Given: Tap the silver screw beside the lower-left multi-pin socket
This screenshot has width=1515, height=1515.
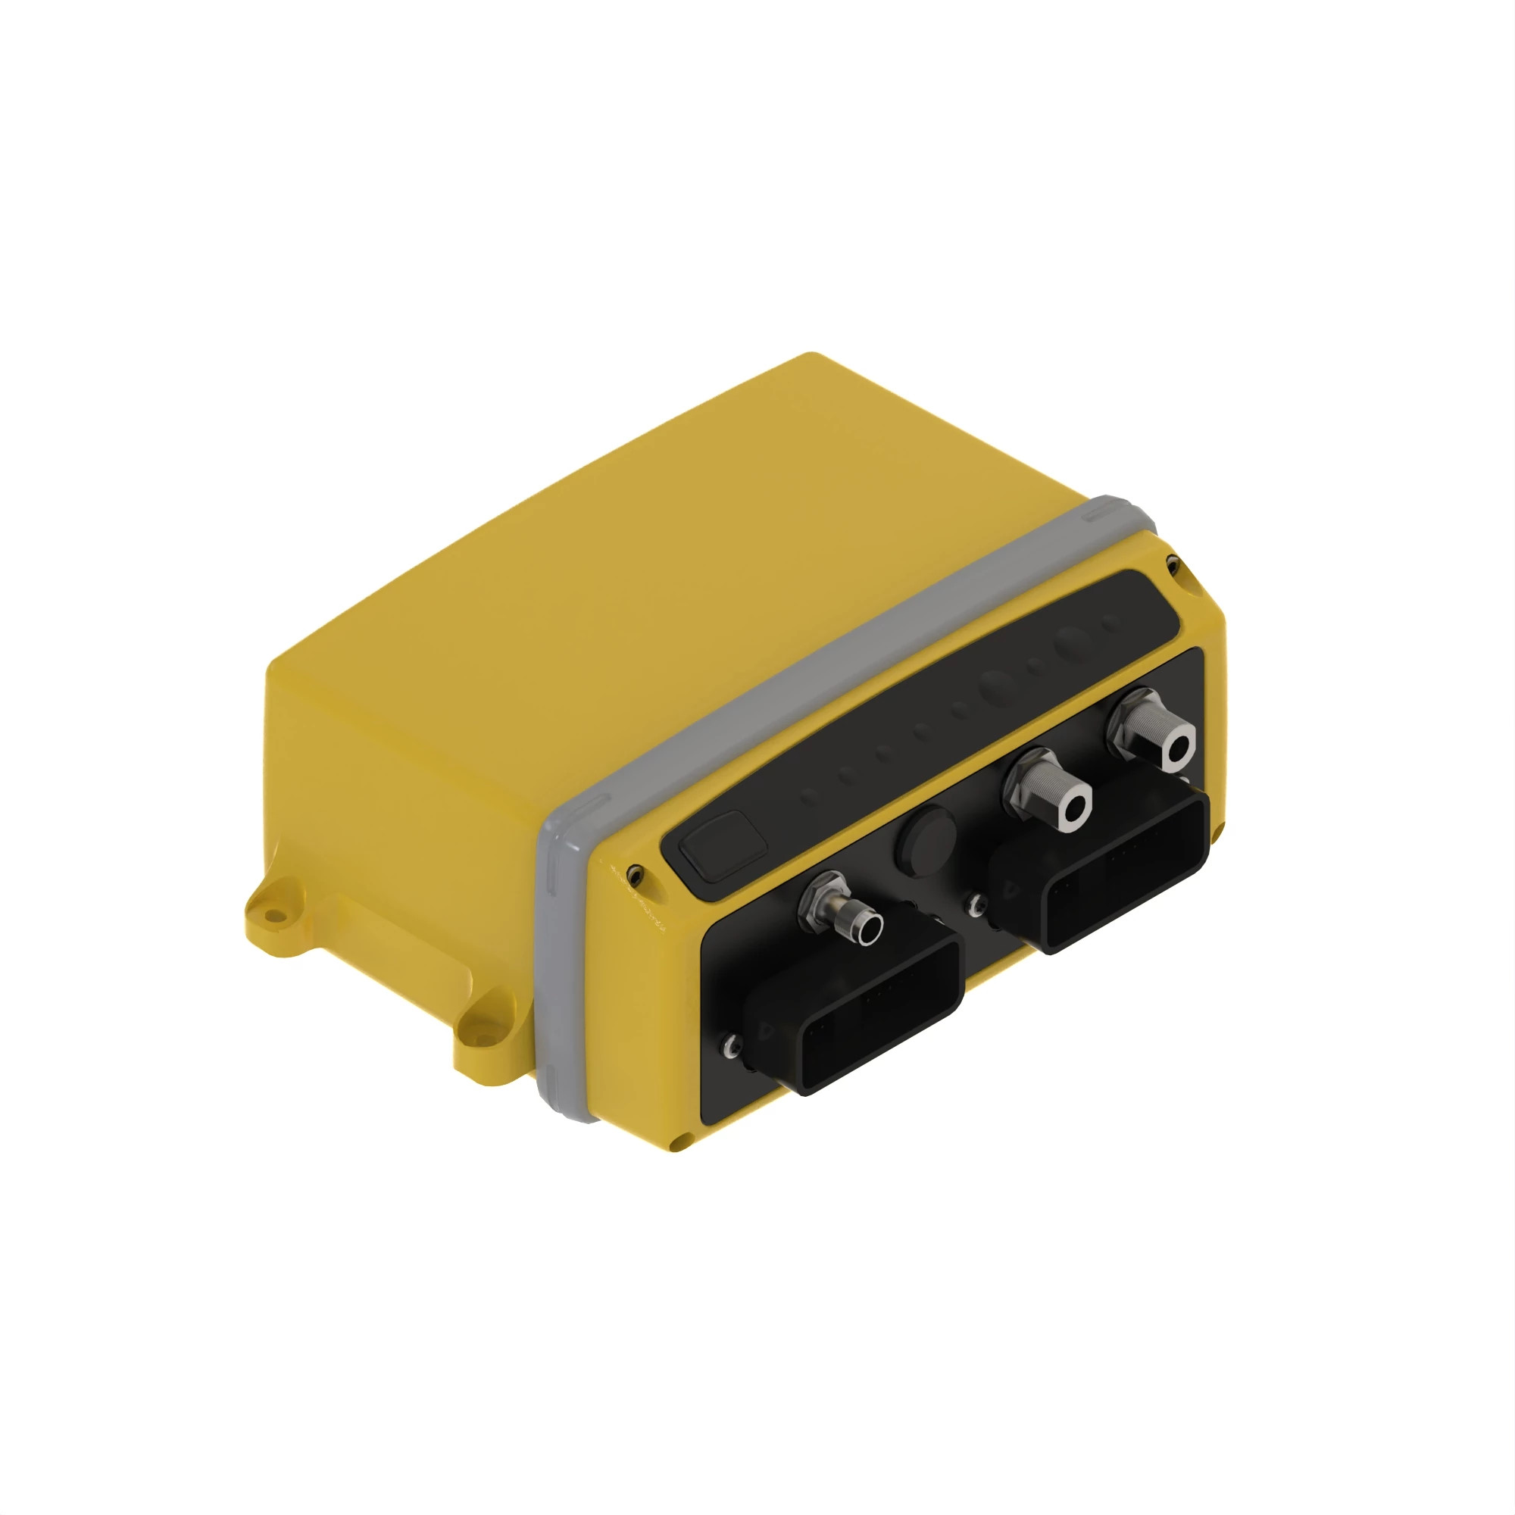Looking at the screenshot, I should tap(731, 1044).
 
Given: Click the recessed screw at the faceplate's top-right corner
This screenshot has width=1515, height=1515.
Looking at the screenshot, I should tap(1173, 562).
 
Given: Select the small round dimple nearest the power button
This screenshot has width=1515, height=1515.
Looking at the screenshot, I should tap(810, 798).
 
